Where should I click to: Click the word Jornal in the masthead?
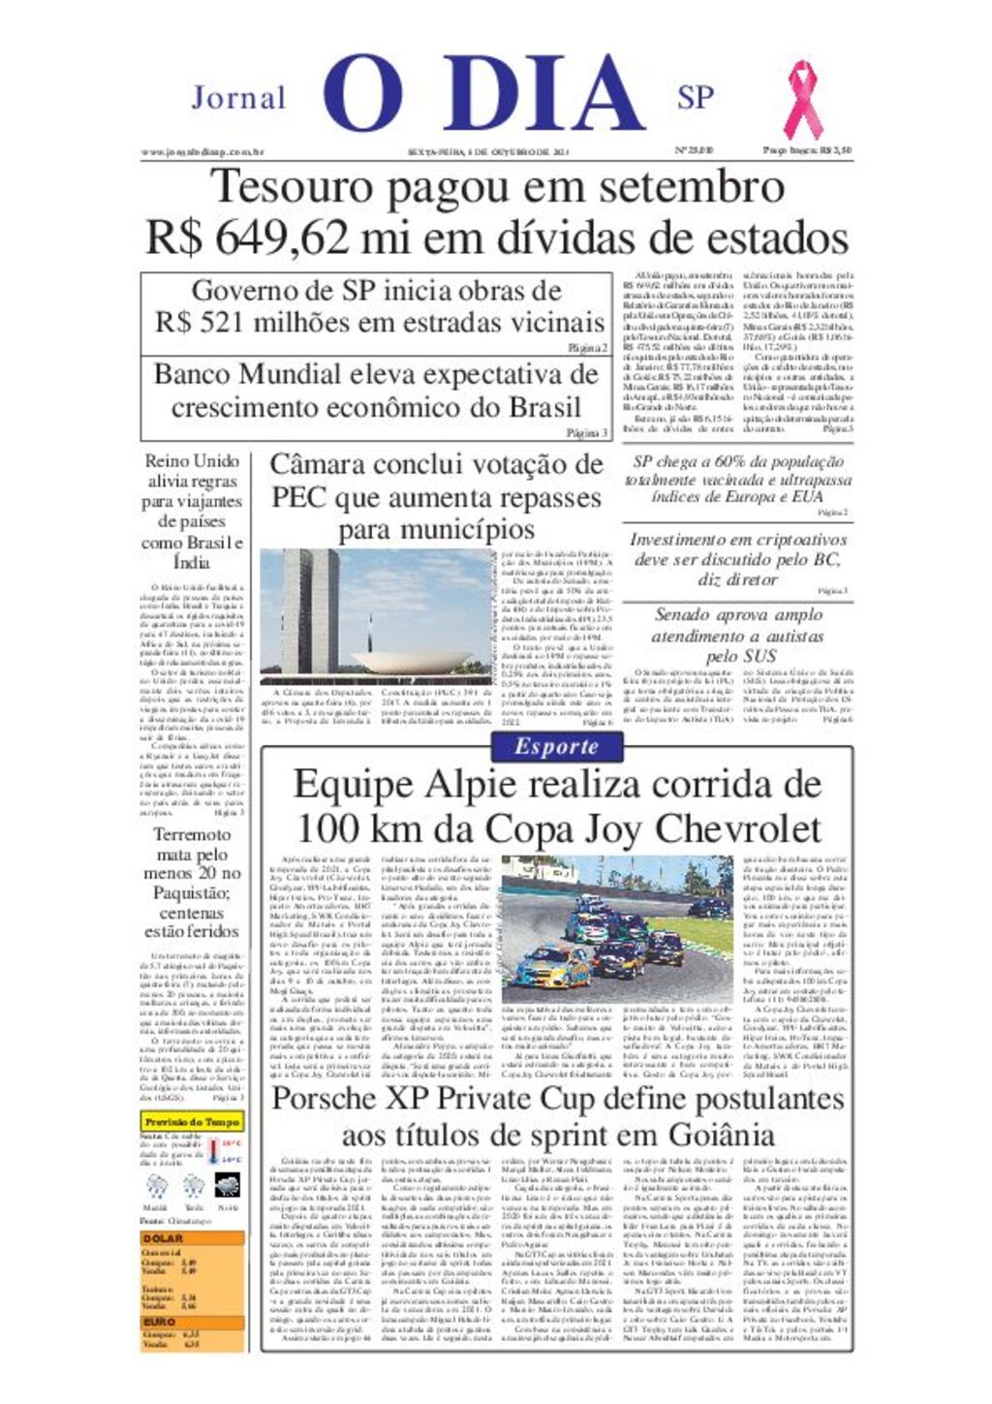238,98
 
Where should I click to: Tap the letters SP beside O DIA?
696,98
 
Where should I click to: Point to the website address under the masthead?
202,151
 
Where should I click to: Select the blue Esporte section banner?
556,747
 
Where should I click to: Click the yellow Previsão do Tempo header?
192,1122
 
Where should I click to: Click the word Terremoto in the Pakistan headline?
192,834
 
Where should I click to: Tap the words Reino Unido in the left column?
192,461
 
